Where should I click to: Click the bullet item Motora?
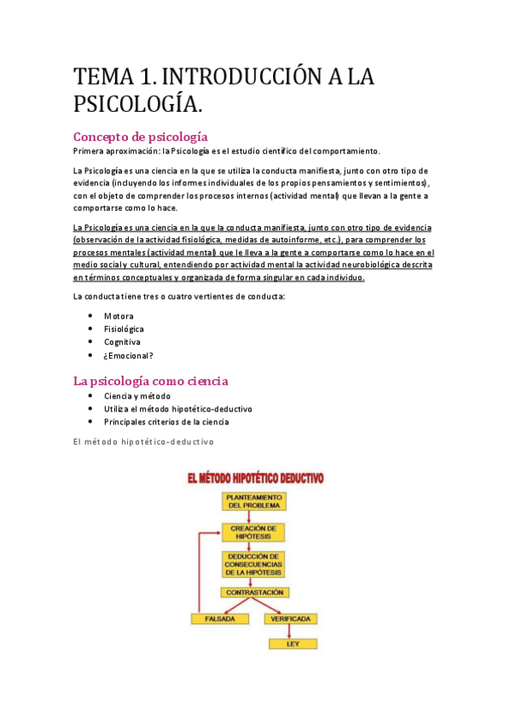pos(119,316)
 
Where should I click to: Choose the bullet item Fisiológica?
pos(124,329)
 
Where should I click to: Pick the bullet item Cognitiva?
pos(122,342)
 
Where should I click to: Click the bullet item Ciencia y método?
pos(136,396)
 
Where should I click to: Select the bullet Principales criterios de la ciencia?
pos(166,422)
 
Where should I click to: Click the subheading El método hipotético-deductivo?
pos(143,441)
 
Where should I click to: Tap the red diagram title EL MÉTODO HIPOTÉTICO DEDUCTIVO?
pos(256,479)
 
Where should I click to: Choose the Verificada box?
pos(290,618)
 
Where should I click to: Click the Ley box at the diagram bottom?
pos(290,645)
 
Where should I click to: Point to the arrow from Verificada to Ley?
pos(290,632)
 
